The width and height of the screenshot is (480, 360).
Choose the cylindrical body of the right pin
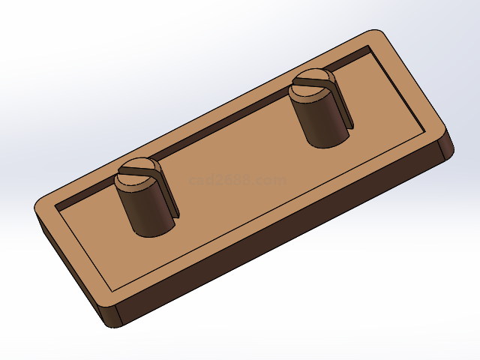(x=319, y=120)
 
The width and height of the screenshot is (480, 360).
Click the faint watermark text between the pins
(x=238, y=180)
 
